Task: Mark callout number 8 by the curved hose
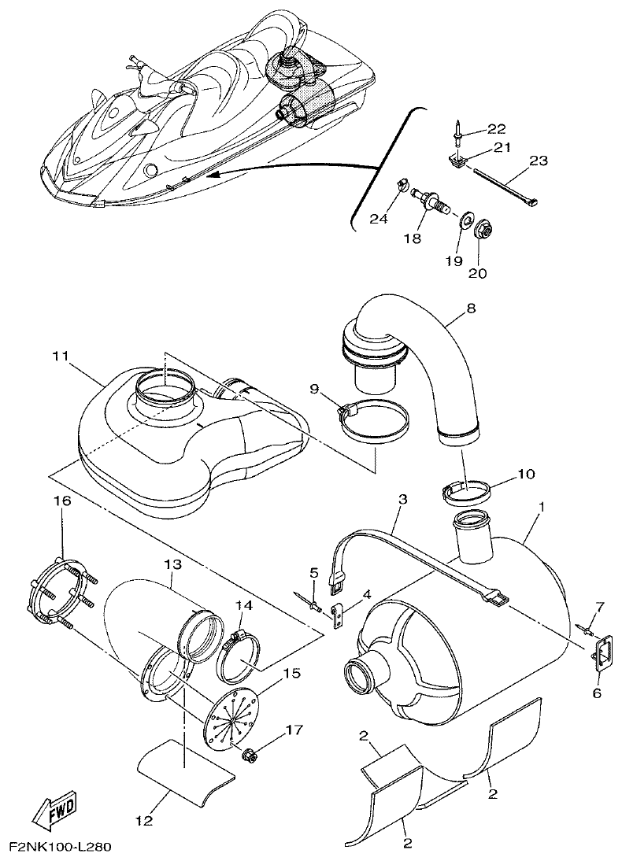(470, 309)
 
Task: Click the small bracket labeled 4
(339, 614)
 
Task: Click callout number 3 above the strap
(402, 499)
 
